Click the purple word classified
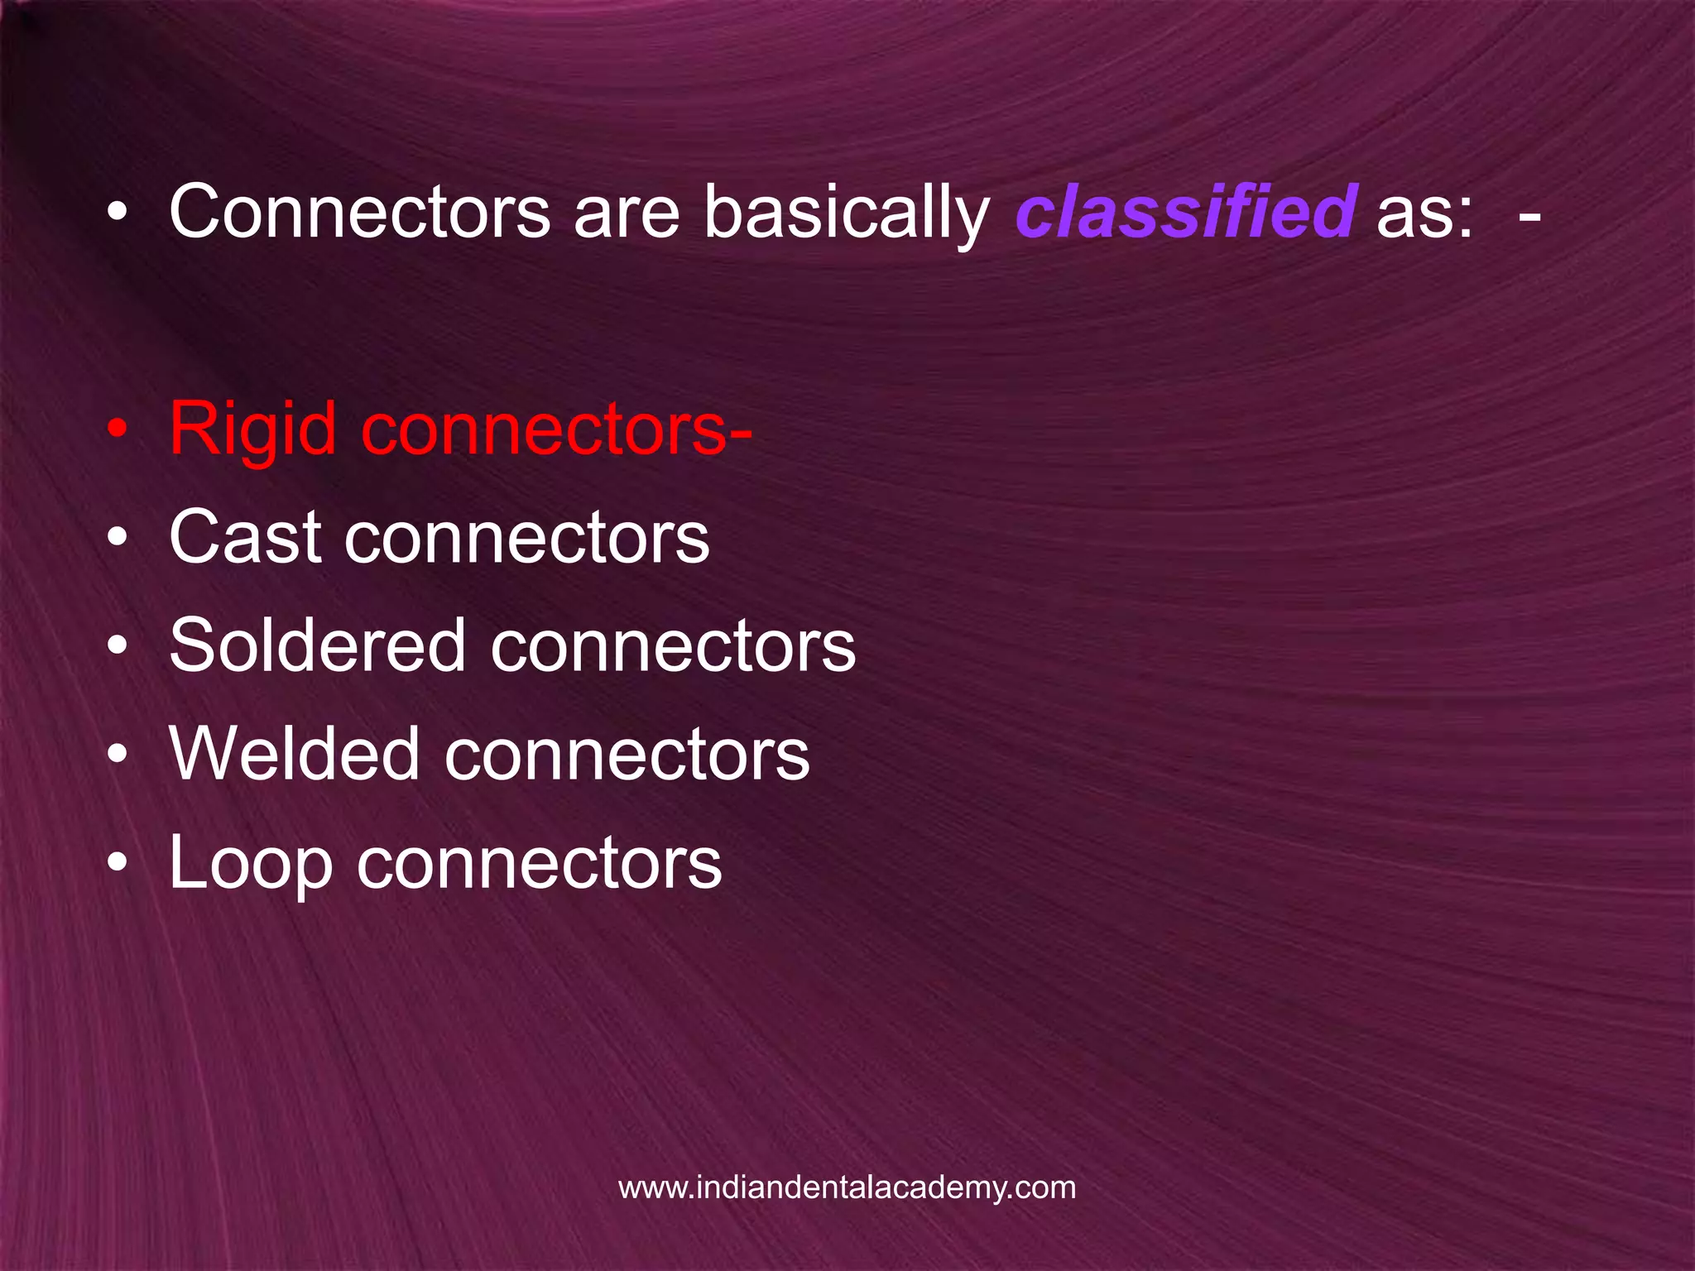pos(1184,213)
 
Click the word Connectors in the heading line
pos(359,213)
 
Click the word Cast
pos(245,538)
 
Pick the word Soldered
pos(317,646)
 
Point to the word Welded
pos(295,755)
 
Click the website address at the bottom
pos(847,1187)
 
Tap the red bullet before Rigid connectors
pos(118,430)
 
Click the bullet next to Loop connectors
pos(118,863)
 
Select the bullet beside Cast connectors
pos(118,539)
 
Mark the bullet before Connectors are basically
pos(118,213)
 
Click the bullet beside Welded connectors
pos(118,755)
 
